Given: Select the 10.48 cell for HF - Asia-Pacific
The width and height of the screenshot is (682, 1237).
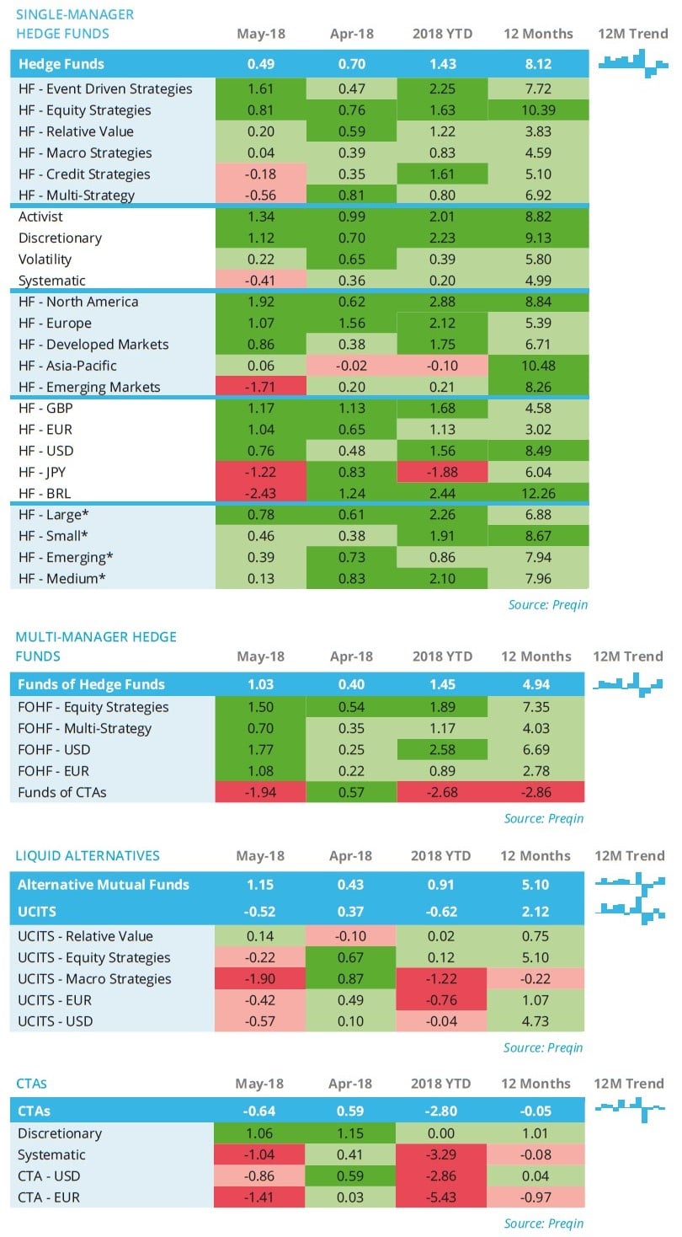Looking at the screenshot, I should click(538, 366).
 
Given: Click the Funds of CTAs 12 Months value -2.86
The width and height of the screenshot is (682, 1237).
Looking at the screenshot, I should click(538, 792).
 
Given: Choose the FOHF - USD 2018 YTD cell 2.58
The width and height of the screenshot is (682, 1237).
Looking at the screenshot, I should click(442, 750).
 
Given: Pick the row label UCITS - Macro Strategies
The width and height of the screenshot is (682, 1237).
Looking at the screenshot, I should click(94, 979).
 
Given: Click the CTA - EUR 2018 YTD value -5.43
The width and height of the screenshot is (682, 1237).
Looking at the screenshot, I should click(442, 1197).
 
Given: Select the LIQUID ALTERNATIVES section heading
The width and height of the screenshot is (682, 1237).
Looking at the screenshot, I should click(88, 855).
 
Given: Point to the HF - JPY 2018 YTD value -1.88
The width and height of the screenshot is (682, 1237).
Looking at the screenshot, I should click(442, 472).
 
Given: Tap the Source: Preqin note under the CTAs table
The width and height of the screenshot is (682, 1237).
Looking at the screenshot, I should click(543, 1224).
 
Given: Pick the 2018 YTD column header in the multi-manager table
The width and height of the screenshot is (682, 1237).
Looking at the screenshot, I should click(442, 656).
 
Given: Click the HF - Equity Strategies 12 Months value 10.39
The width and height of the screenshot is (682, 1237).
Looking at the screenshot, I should click(538, 110).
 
